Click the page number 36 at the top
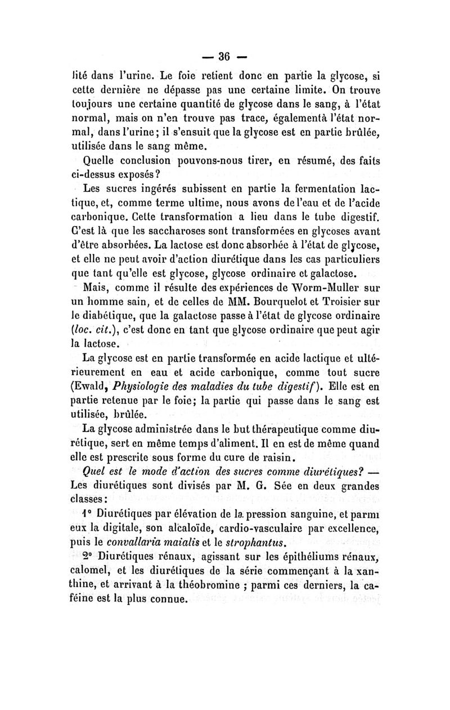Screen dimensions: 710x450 226,56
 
